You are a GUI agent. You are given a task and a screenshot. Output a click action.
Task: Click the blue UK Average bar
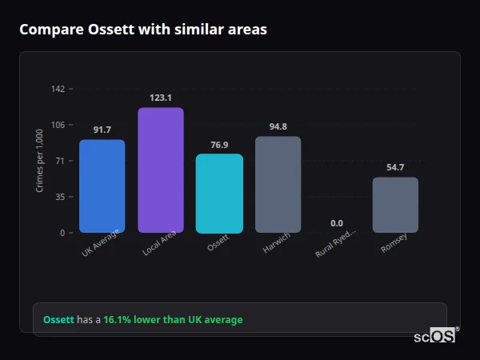click(x=102, y=186)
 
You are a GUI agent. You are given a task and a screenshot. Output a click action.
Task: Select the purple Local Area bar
click(x=161, y=170)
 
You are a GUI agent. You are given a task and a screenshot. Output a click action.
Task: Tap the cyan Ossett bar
click(x=219, y=194)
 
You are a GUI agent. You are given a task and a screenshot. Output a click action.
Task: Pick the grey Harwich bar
click(x=278, y=185)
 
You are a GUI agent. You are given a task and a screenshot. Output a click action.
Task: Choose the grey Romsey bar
click(x=395, y=205)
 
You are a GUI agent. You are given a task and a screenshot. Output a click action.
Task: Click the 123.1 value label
click(x=161, y=98)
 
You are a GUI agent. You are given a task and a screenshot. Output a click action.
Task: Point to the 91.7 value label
click(x=102, y=130)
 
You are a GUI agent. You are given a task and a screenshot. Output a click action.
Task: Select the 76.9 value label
click(x=219, y=145)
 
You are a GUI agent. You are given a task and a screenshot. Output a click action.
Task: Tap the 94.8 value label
click(x=278, y=126)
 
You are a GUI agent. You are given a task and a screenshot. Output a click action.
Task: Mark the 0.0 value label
click(x=337, y=223)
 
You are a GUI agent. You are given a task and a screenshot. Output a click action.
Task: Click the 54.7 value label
click(x=395, y=167)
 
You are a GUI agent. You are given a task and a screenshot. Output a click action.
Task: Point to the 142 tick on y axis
click(x=58, y=89)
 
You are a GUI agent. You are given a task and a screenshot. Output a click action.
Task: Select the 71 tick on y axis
click(x=60, y=161)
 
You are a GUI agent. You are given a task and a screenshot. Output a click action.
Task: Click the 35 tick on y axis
click(x=60, y=197)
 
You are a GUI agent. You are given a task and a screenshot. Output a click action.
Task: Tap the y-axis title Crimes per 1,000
click(x=40, y=160)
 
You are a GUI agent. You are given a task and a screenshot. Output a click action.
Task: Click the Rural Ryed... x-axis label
click(x=336, y=242)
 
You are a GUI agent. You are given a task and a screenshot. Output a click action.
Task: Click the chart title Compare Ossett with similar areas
click(x=143, y=30)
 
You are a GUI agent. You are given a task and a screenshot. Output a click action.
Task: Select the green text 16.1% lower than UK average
click(x=172, y=320)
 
